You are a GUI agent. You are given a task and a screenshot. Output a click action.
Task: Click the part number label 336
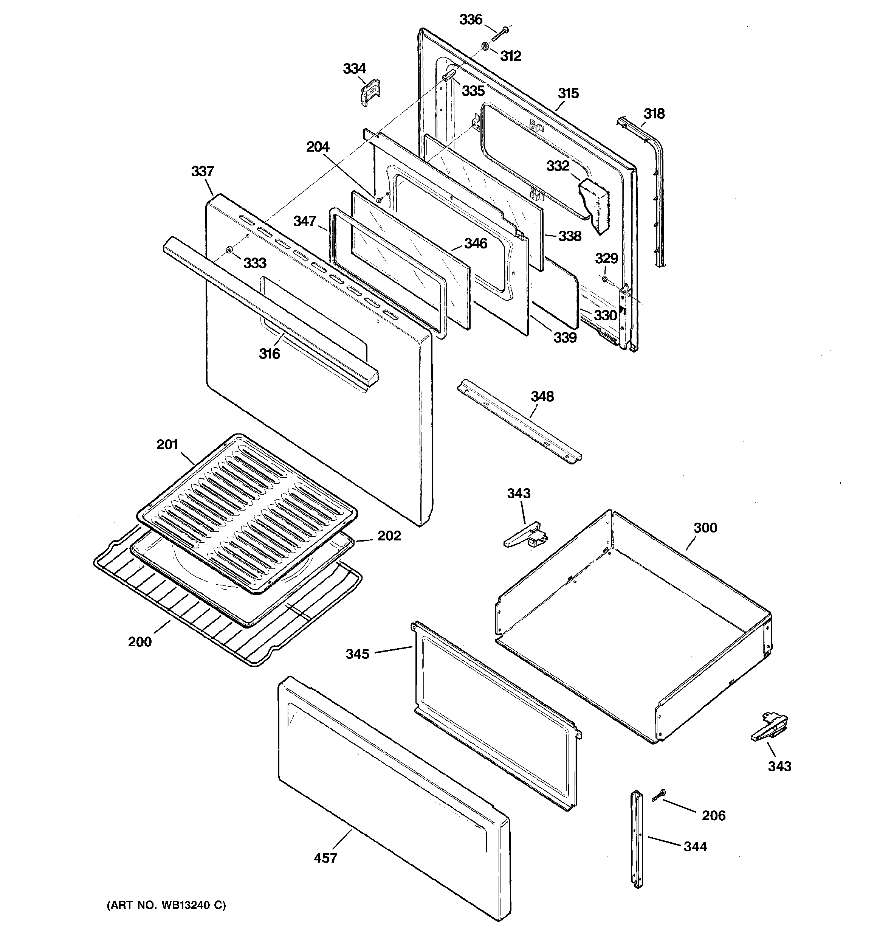(471, 20)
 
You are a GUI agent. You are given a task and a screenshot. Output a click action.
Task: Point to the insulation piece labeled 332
(594, 206)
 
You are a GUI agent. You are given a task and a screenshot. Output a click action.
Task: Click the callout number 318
(654, 113)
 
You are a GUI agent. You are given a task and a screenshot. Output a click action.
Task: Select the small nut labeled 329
(604, 281)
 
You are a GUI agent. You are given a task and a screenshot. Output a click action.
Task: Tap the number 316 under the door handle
(269, 354)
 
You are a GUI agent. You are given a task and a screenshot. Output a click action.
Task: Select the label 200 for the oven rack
(140, 642)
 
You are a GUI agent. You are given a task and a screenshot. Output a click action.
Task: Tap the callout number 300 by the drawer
(705, 528)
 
